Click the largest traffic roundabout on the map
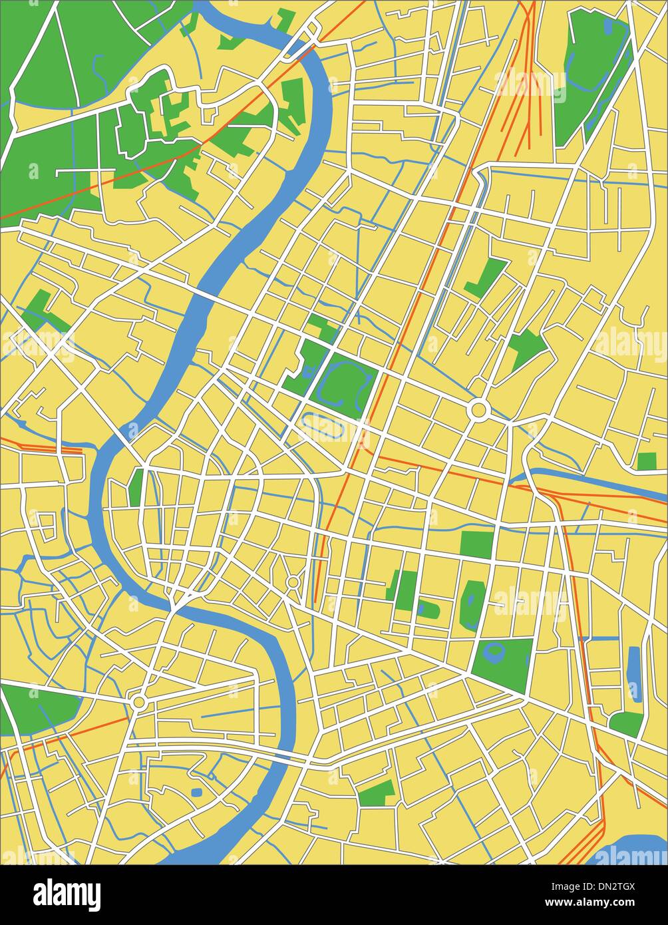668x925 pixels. click(478, 409)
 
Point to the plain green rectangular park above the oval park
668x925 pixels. click(476, 544)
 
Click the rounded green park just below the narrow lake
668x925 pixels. click(626, 723)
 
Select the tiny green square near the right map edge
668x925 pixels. click(646, 461)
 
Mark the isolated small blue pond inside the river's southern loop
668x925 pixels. click(196, 792)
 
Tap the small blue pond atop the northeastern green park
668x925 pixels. click(608, 27)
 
